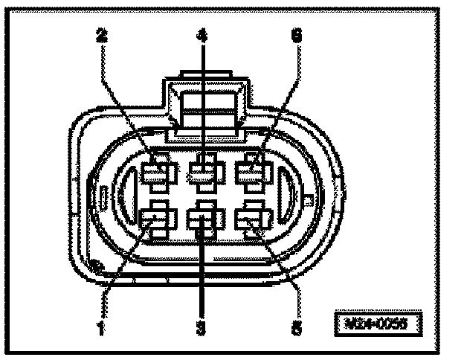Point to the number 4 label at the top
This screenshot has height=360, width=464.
[201, 34]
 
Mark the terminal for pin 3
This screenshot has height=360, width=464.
[202, 221]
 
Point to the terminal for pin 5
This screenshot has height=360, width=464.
[251, 220]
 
